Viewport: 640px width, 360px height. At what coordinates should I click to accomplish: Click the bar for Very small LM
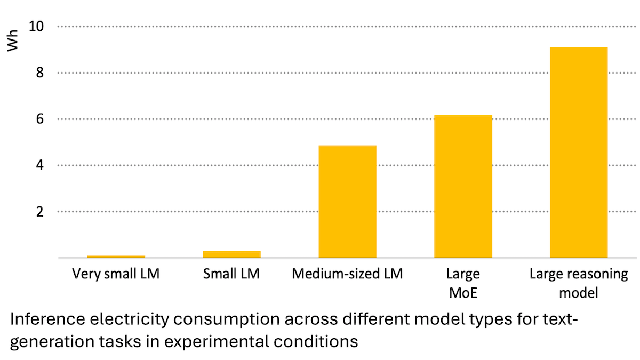coord(116,257)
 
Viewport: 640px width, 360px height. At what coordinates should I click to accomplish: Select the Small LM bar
coord(231,254)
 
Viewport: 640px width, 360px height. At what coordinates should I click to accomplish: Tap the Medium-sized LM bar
coord(347,202)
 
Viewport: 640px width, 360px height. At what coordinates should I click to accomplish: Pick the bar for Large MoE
coord(463,187)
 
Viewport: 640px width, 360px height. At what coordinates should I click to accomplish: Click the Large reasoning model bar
coord(579,153)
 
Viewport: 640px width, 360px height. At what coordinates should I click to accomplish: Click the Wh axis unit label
coord(13,43)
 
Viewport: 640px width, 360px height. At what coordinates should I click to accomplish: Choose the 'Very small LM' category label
coord(116,275)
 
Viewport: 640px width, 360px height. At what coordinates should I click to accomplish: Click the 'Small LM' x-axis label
coord(231,275)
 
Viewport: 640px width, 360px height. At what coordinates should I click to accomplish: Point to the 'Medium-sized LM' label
coord(347,275)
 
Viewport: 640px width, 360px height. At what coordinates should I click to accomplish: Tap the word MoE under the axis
coord(463,293)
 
